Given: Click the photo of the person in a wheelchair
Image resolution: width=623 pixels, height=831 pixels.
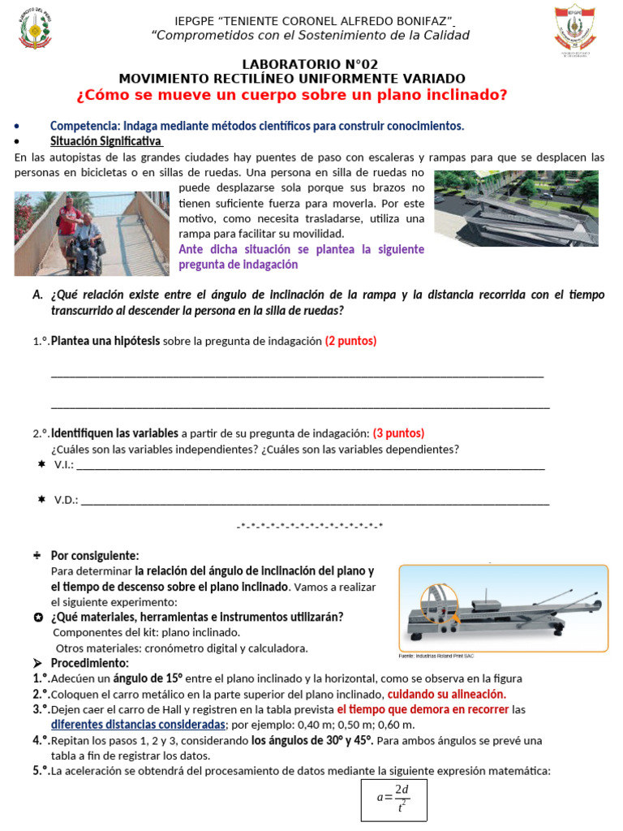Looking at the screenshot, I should click(92, 233).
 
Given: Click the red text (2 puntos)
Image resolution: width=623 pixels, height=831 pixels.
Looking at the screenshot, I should click(350, 341).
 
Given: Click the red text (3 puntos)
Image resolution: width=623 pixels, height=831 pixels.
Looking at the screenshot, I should click(398, 433).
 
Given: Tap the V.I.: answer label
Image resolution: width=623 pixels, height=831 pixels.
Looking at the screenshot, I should click(63, 465).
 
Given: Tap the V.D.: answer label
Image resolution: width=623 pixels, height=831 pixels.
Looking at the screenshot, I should click(66, 501).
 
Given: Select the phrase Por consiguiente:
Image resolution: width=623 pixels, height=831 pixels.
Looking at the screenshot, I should click(95, 556).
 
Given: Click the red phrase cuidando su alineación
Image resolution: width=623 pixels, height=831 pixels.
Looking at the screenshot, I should click(446, 694).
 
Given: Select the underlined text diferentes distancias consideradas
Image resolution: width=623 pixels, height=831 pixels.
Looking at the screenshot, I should click(138, 724).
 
